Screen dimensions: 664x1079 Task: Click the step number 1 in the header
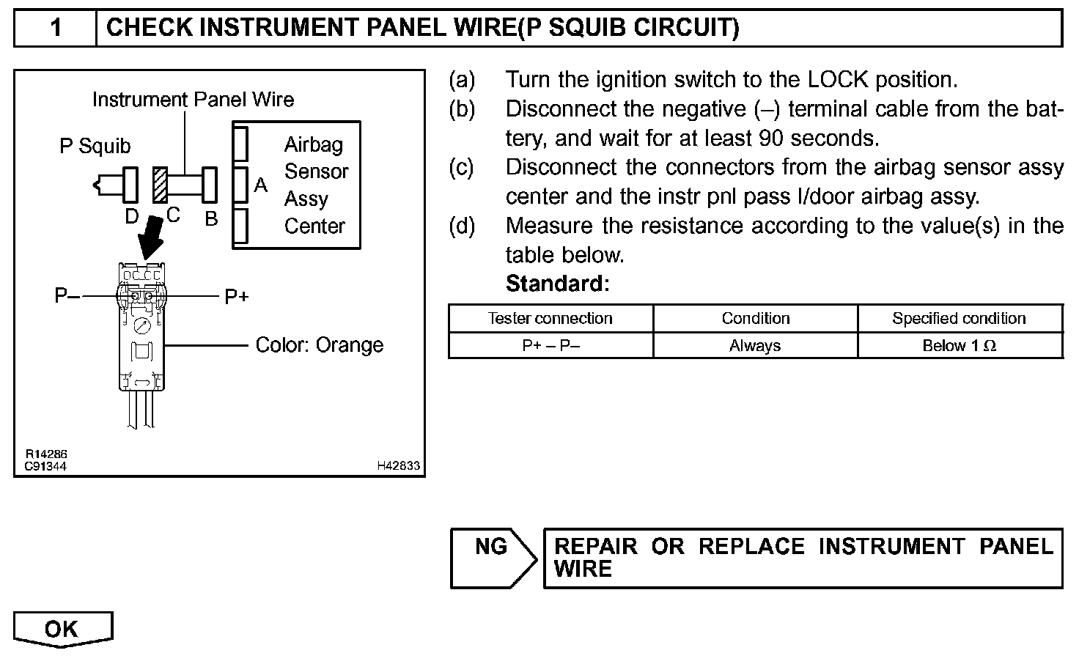pos(56,28)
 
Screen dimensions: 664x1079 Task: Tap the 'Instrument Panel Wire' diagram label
pos(193,100)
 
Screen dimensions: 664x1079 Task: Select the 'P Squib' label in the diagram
pos(95,147)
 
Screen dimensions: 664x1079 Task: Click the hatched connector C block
pos(160,185)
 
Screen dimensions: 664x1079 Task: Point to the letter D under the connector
pos(131,217)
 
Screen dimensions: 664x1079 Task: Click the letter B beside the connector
pos(211,219)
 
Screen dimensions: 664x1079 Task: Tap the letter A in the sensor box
pos(260,185)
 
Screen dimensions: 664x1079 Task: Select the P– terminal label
pos(67,296)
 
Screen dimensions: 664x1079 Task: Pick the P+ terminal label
pos(236,297)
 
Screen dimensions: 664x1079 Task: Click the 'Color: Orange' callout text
pos(319,345)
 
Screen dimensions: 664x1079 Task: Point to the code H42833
pos(399,465)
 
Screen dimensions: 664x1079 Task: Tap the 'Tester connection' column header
pos(550,319)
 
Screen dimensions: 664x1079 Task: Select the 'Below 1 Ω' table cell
pos(959,346)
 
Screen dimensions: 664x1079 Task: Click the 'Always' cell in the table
pos(755,346)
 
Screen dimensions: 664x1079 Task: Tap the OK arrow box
pos(62,629)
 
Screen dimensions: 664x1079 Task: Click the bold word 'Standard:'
pos(557,284)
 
